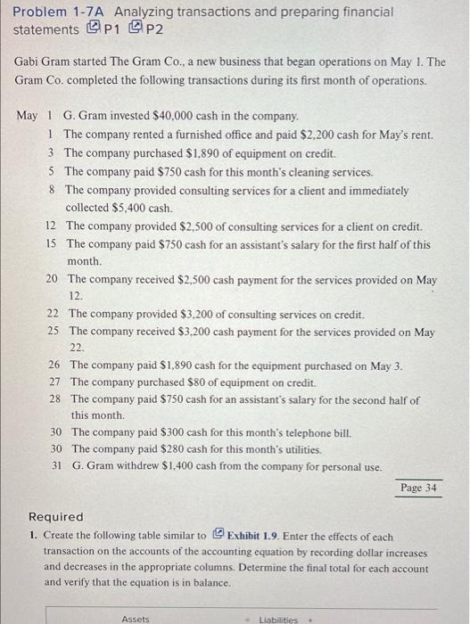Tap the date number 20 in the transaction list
click(52, 279)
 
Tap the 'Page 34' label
click(418, 488)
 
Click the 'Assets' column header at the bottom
click(136, 618)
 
